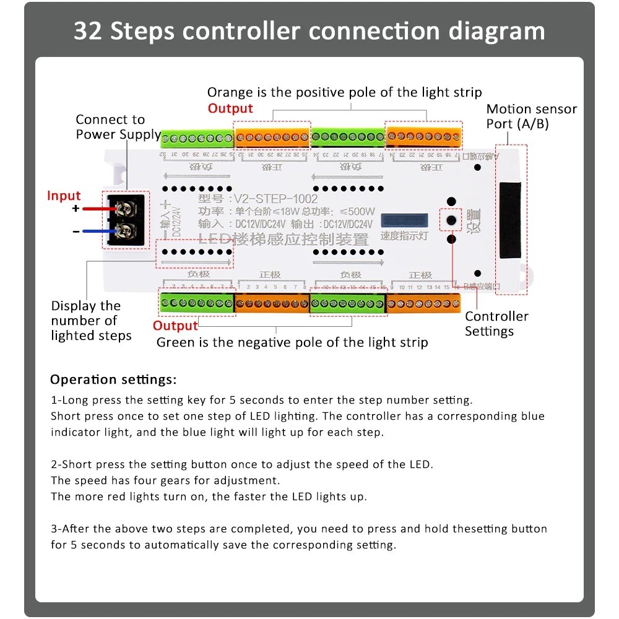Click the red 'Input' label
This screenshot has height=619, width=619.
(64, 196)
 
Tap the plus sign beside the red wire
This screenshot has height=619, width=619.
(76, 209)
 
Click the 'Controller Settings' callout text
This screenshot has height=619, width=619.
(496, 324)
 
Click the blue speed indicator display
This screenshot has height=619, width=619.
(404, 221)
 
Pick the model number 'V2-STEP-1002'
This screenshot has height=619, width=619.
(274, 199)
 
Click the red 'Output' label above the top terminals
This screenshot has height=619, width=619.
(230, 108)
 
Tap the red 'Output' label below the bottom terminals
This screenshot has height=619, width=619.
(175, 326)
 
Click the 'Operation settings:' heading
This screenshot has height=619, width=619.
(113, 379)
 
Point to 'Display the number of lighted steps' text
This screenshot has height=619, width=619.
(91, 321)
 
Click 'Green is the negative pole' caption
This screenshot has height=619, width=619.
(292, 342)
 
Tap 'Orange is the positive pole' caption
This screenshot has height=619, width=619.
(344, 92)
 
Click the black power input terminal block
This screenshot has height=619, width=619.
(126, 220)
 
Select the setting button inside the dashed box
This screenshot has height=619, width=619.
(452, 220)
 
